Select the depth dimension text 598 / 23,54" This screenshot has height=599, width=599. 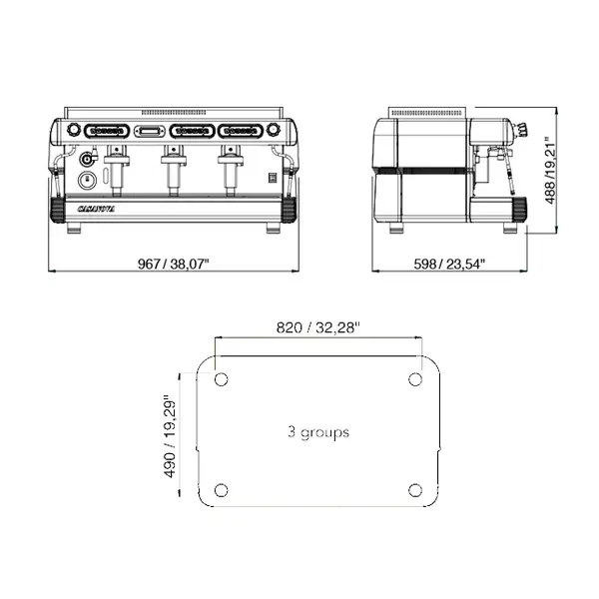click(x=449, y=264)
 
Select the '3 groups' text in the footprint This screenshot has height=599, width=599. click(x=317, y=432)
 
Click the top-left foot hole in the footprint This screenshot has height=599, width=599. click(x=221, y=379)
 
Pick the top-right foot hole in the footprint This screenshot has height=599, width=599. click(x=414, y=379)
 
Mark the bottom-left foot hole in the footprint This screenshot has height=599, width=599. click(x=221, y=489)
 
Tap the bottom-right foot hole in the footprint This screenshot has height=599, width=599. click(x=414, y=489)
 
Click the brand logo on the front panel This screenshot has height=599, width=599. click(x=97, y=209)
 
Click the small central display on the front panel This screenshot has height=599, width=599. click(x=150, y=131)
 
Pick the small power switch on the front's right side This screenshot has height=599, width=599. click(x=269, y=178)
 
